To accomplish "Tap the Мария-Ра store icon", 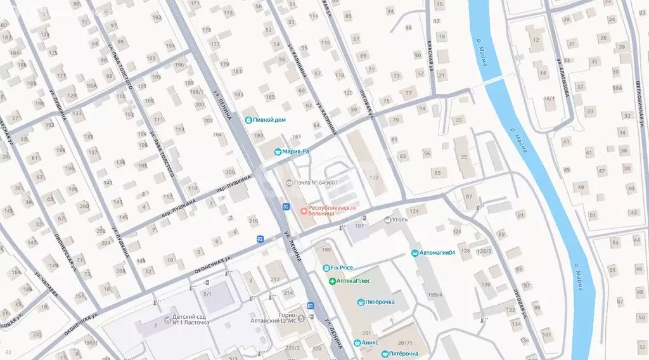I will (x=278, y=151).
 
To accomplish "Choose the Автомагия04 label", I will (x=438, y=254).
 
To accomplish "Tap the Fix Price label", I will (x=342, y=268).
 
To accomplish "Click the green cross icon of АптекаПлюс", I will (x=331, y=281).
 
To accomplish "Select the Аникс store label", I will (x=369, y=342).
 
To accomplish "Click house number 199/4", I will (x=435, y=294).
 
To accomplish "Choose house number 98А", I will (x=92, y=86).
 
